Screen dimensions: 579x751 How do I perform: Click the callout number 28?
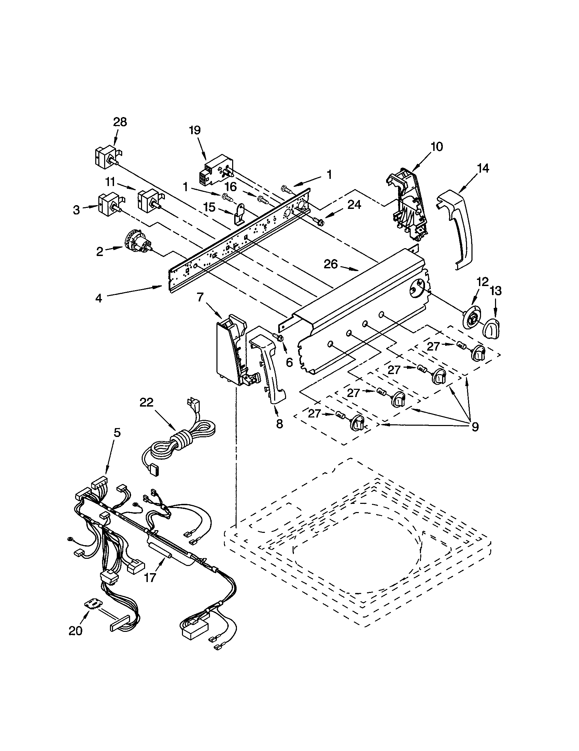click(x=119, y=122)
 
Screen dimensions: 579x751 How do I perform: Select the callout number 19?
click(x=194, y=130)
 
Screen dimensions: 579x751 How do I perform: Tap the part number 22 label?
click(x=146, y=402)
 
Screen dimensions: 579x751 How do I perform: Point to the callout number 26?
click(x=330, y=264)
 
